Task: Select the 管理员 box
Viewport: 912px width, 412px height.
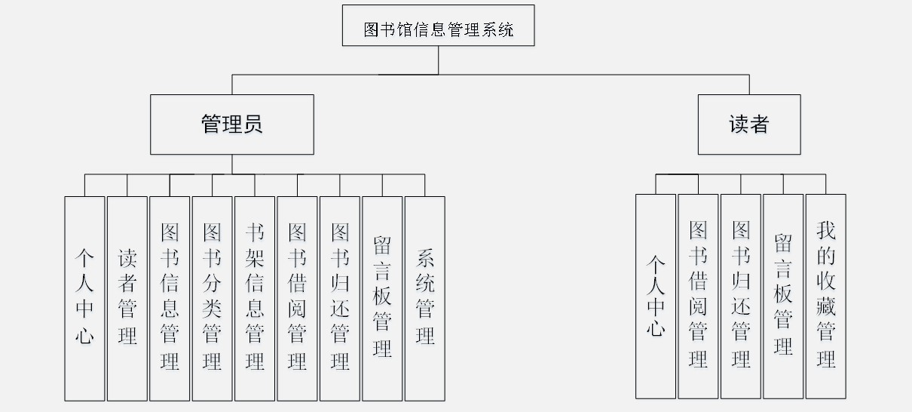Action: click(232, 125)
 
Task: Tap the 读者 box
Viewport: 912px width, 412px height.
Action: click(748, 125)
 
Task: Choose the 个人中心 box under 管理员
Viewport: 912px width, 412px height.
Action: click(84, 298)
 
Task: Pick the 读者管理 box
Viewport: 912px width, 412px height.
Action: click(127, 298)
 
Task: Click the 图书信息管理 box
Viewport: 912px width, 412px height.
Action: click(170, 298)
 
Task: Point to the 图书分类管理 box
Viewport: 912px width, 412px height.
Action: click(213, 298)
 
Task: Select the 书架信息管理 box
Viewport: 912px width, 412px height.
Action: click(255, 298)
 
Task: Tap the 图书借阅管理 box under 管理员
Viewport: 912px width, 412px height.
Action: click(297, 298)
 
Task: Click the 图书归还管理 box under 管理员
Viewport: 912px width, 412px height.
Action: click(340, 298)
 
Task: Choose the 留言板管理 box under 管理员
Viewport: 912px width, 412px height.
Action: click(382, 298)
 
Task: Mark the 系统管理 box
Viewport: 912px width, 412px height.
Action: click(425, 298)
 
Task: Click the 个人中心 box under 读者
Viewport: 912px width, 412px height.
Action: click(656, 296)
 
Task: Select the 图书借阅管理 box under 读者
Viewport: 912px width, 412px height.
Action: click(698, 296)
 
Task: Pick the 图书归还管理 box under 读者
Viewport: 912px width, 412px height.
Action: click(741, 296)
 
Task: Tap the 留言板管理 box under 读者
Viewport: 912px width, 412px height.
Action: click(783, 296)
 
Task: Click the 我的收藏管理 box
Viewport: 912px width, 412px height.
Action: click(826, 296)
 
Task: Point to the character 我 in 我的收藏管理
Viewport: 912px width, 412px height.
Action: click(826, 231)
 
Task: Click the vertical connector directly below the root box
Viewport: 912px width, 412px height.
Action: click(438, 60)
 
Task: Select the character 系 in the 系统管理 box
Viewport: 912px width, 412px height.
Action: click(425, 260)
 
